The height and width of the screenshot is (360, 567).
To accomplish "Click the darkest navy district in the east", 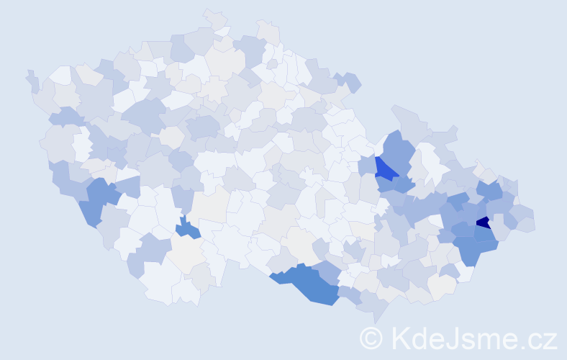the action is coord(484,222).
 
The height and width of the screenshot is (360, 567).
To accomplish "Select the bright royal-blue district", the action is coord(385,169).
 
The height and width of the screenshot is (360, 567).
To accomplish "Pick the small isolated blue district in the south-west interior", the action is coord(189,229).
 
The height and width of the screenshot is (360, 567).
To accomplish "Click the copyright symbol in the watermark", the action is coord(371,338).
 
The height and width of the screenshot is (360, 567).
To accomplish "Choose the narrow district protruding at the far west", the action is coord(32,81).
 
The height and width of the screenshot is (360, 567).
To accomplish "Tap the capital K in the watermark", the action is coord(400,338).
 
